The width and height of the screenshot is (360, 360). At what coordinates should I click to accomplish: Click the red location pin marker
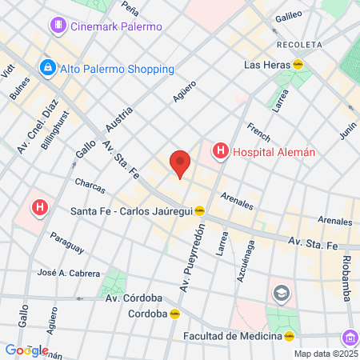click(x=180, y=163)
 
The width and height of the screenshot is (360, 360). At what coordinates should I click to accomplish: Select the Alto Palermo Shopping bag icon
click(x=48, y=69)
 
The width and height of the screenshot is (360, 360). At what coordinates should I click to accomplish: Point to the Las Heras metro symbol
click(x=298, y=64)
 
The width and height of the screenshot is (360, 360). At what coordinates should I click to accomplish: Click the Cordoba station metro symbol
click(x=174, y=314)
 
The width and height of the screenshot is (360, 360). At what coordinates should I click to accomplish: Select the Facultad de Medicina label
click(x=232, y=336)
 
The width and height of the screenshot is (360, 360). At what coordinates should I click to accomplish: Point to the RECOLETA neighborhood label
click(x=297, y=43)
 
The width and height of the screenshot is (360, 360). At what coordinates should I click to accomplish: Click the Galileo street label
click(x=288, y=15)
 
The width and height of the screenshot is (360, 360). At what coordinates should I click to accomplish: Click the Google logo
click(x=26, y=350)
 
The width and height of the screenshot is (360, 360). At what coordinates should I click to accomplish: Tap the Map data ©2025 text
click(x=325, y=354)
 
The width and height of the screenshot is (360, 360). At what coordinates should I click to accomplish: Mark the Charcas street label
click(x=90, y=186)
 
